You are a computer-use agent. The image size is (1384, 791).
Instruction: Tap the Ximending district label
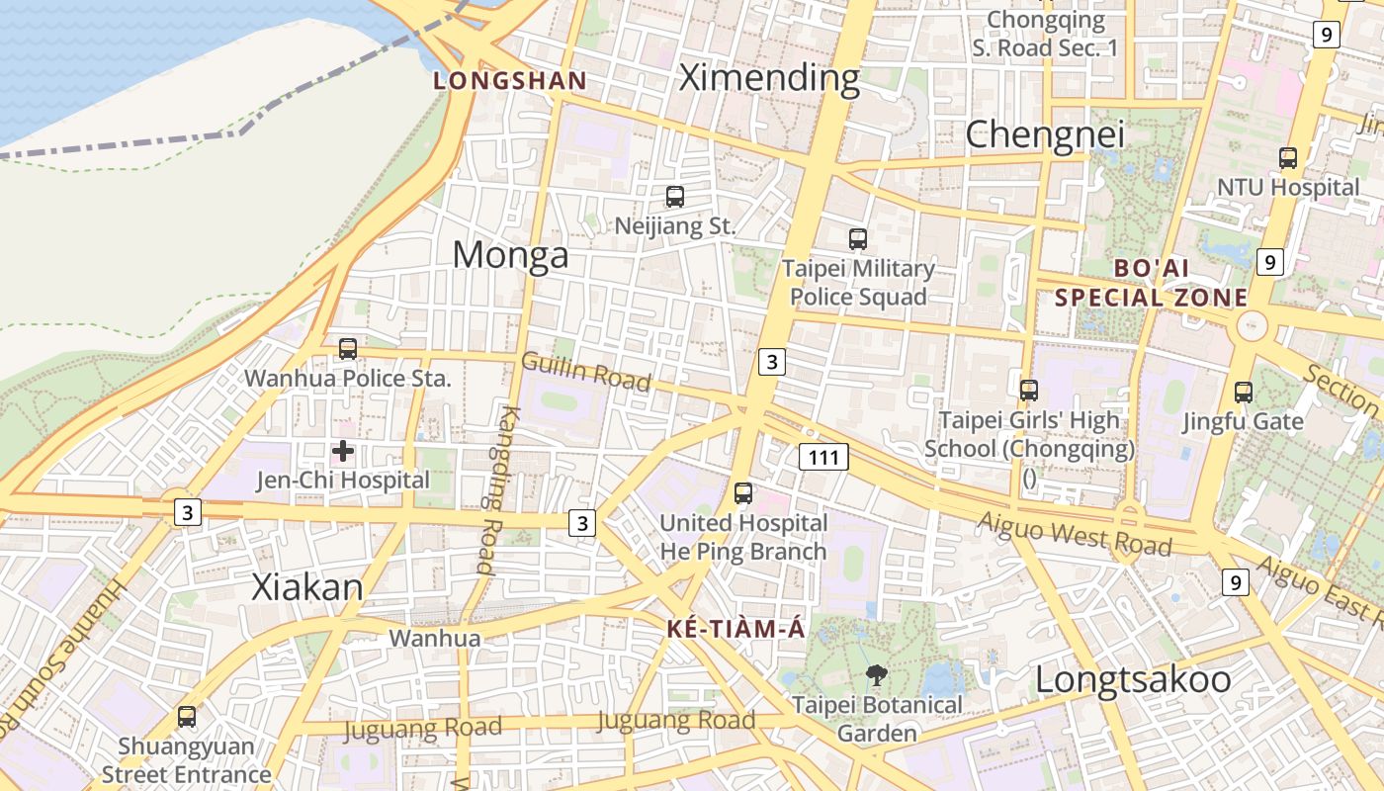769,77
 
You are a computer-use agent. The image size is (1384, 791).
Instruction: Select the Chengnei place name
1045,134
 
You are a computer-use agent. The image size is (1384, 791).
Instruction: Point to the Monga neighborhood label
510,255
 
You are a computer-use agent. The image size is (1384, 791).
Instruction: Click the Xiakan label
307,587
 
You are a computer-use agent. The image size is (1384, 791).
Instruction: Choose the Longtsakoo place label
1133,680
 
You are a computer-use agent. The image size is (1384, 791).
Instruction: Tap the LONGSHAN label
510,81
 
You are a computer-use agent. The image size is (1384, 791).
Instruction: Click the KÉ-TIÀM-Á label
736,629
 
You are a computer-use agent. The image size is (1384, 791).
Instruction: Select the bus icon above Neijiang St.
675,197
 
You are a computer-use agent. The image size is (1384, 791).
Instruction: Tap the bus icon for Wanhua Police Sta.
348,349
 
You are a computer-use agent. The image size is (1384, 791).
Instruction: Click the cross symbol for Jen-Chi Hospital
343,452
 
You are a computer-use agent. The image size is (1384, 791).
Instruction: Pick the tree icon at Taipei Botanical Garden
876,675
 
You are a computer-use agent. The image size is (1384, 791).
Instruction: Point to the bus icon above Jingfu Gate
1244,393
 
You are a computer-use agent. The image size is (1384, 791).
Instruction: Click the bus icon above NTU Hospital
1288,157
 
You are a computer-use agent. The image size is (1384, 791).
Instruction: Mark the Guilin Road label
585,372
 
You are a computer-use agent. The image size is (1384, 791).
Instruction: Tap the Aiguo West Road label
1075,535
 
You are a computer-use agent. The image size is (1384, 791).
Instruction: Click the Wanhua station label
435,639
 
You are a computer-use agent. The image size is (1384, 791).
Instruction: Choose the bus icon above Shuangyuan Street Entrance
187,717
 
